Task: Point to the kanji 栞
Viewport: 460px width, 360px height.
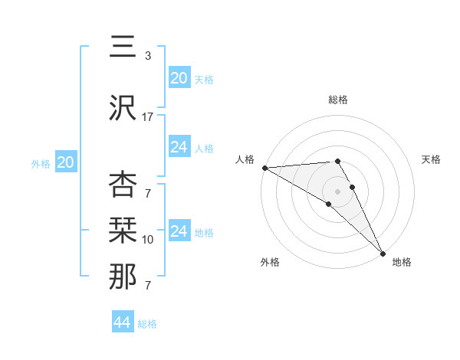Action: pos(122,231)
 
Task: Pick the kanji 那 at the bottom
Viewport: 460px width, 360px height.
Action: pos(122,277)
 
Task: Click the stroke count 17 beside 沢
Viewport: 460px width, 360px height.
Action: pos(148,116)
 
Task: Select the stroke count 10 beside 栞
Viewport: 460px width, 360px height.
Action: pos(148,240)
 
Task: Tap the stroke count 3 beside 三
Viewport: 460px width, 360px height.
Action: pos(148,55)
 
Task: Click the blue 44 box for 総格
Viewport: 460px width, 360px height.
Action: pos(123,322)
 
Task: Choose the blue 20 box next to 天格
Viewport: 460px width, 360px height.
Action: pos(179,77)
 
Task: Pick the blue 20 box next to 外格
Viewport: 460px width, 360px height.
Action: pos(66,162)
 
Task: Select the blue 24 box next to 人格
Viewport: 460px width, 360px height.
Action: pos(179,147)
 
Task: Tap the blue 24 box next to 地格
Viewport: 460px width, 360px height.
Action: pos(179,231)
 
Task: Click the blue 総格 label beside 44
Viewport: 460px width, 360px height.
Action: pos(147,324)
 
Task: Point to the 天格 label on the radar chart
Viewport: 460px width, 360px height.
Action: pos(431,159)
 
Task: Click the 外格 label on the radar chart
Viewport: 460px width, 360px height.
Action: pos(270,262)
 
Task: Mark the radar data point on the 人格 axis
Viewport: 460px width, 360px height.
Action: pos(264,168)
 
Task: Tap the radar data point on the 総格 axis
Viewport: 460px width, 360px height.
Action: pos(337,161)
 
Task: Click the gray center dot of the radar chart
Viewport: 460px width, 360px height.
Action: pos(337,191)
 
